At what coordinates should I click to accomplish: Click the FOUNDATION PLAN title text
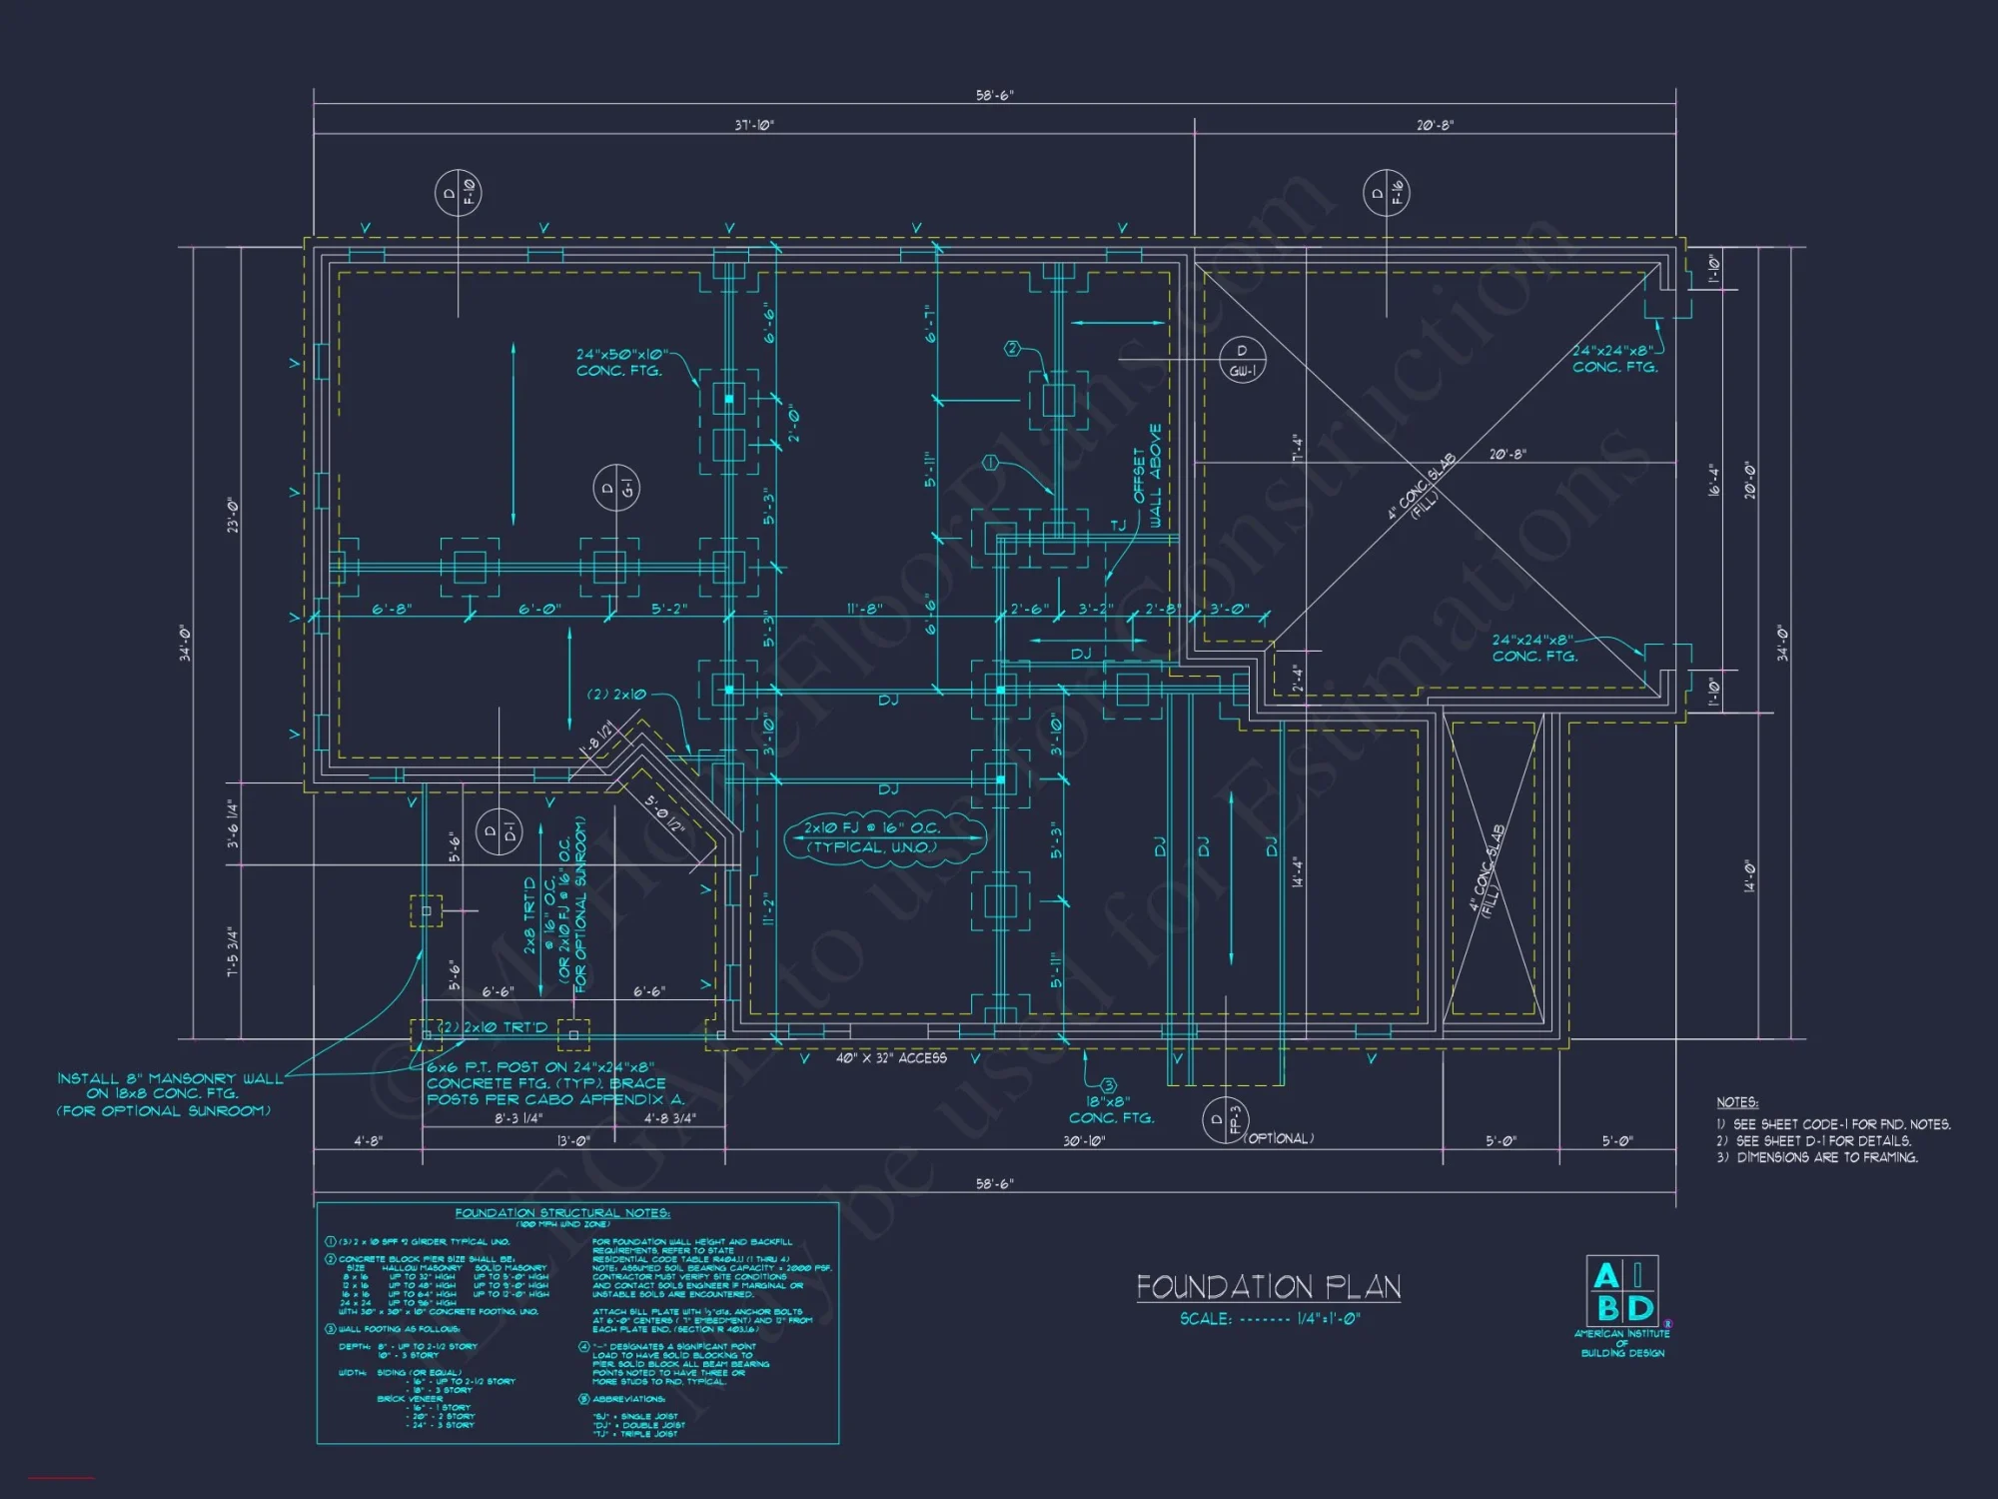tap(1268, 1286)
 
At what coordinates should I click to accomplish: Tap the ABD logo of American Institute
tap(1622, 1292)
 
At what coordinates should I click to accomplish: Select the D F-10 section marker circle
tap(459, 192)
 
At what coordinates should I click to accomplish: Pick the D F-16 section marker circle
tap(1387, 192)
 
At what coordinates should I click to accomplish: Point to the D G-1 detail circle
tap(616, 489)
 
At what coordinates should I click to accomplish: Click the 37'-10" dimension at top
tap(754, 125)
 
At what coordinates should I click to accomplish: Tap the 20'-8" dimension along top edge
tap(1435, 125)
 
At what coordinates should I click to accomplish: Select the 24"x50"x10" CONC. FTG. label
tap(620, 362)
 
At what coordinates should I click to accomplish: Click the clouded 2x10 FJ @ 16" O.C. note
tap(874, 837)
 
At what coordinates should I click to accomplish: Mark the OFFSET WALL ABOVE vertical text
tap(1147, 476)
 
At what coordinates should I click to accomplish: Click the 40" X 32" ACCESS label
tap(891, 1058)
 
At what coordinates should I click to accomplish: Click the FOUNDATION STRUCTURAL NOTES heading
tap(562, 1213)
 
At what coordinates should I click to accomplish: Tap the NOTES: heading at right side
tap(1737, 1102)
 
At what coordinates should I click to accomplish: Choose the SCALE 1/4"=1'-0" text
tap(1270, 1319)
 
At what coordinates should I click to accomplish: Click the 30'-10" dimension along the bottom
tap(1084, 1140)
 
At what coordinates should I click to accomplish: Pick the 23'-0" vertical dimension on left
tap(234, 515)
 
